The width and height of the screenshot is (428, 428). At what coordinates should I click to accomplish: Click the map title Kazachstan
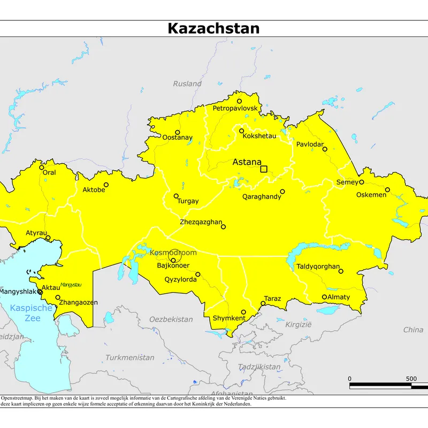(x=213, y=28)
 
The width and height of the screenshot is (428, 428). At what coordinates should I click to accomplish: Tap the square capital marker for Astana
(x=263, y=169)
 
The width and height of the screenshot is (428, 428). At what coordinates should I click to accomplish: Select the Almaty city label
(x=338, y=297)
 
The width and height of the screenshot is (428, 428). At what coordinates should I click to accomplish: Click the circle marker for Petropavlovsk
(x=239, y=101)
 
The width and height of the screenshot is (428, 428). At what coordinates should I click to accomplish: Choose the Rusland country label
(x=187, y=83)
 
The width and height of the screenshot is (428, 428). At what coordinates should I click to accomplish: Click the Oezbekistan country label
(x=171, y=319)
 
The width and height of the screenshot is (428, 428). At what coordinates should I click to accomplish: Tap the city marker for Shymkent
(x=243, y=312)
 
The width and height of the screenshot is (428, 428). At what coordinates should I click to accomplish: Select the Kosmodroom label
(x=173, y=253)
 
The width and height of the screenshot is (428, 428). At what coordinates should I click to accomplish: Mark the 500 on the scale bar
(x=411, y=379)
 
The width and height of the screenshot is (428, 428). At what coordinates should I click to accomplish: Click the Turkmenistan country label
(x=129, y=357)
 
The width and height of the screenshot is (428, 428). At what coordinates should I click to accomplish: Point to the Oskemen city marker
(x=387, y=189)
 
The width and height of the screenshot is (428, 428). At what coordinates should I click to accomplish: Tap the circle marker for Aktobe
(x=106, y=185)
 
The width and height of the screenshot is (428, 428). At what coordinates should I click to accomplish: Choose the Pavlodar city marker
(x=325, y=149)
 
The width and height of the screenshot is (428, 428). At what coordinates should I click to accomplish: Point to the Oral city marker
(x=42, y=167)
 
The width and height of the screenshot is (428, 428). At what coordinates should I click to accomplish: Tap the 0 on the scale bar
(x=350, y=379)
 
